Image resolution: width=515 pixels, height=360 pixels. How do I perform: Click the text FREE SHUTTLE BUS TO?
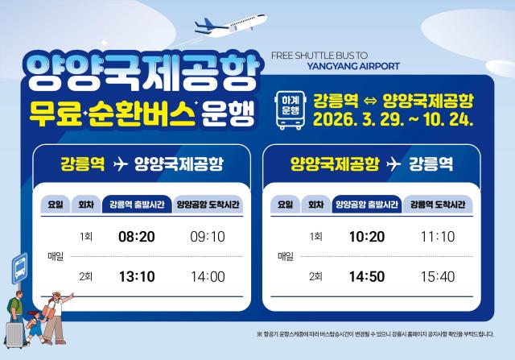[x=318, y=56]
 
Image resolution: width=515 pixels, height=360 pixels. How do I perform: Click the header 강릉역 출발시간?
[x=135, y=205]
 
